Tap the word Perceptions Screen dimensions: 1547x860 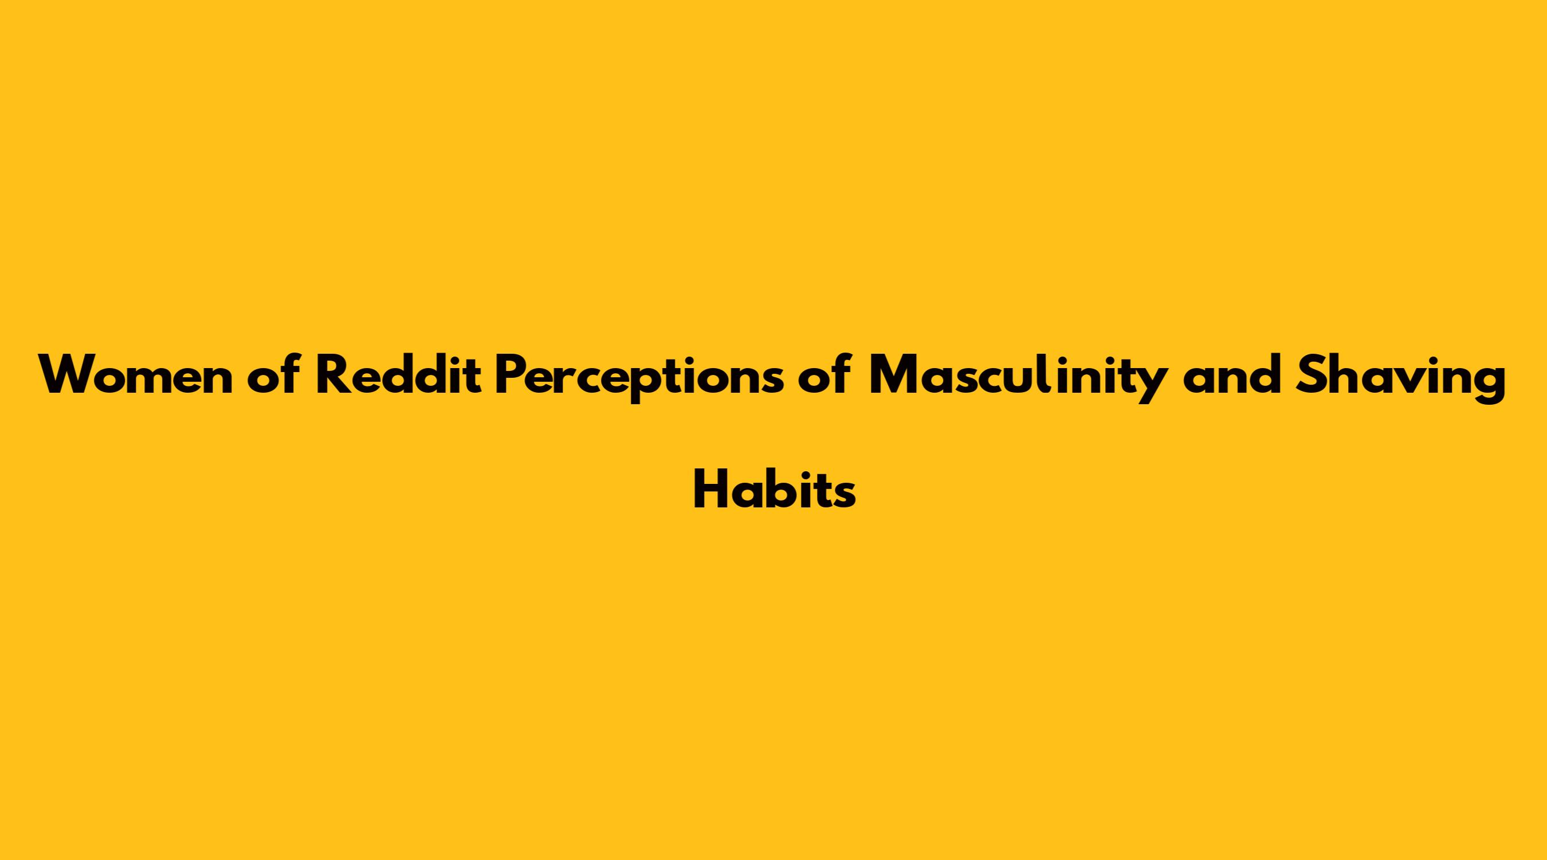pos(639,378)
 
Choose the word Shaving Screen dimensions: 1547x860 pos(1401,378)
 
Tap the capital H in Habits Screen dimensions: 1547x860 pos(710,490)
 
